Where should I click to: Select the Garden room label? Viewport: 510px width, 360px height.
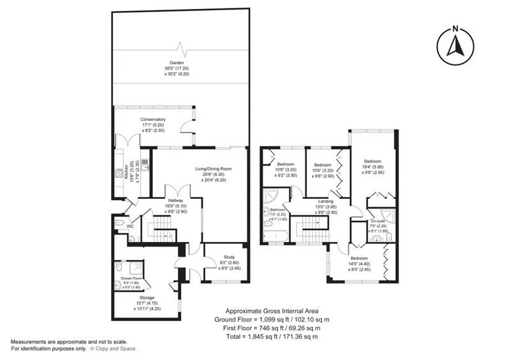pos(177,62)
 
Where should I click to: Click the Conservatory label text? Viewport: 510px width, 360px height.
pos(153,119)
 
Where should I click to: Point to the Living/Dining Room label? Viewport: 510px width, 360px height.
pos(213,169)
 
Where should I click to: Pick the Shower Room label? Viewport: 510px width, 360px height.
pos(125,278)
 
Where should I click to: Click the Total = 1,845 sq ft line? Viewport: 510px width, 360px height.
pos(273,336)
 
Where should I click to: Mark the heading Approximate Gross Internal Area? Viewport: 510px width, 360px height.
pos(273,310)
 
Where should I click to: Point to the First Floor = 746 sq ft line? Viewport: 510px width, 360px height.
pos(273,328)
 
